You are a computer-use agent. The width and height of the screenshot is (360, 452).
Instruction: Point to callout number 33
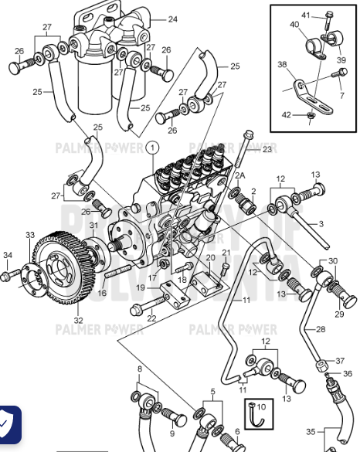29,234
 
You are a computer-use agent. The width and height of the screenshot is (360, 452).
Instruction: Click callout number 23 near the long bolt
267,150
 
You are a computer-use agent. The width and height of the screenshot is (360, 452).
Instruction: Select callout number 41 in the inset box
305,15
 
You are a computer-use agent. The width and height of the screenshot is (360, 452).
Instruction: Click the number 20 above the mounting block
209,257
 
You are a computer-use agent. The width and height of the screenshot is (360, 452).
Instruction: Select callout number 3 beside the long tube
321,223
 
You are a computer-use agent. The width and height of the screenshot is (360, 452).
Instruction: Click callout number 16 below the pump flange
102,293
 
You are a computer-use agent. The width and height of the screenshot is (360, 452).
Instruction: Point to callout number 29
338,315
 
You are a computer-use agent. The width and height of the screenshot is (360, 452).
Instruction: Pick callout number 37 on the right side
341,361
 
